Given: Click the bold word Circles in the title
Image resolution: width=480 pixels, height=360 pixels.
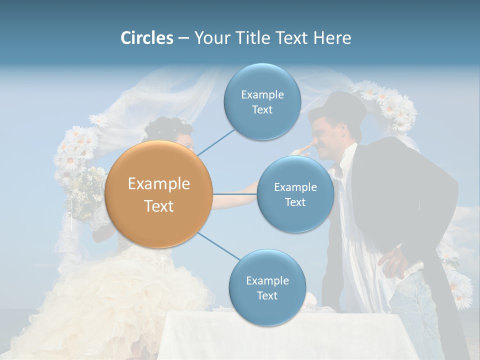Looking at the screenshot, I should coord(146,38).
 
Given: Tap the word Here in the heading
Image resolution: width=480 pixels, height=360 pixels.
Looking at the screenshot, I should coord(332,38).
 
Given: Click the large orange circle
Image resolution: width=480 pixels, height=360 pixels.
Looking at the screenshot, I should coord(159,194).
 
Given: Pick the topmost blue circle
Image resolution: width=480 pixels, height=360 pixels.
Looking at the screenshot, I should coord(262,101).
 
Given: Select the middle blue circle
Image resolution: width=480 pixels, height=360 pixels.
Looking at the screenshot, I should coord(295,194).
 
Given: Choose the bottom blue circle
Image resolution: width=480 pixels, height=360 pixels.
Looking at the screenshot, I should coord(267,288).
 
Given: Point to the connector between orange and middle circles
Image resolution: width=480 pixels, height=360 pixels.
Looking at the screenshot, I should coord(234,194).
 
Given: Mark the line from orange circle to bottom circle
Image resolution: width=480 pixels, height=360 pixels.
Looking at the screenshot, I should coord(218,246).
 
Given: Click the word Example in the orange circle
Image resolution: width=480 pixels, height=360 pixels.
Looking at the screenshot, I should coord(159,184).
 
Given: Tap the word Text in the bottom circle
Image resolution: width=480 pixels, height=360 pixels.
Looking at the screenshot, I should coord(267,295).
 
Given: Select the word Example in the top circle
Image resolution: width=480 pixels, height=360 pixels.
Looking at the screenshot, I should coord(262,94).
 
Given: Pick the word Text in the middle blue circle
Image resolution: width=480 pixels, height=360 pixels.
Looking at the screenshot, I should coord(295,202).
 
